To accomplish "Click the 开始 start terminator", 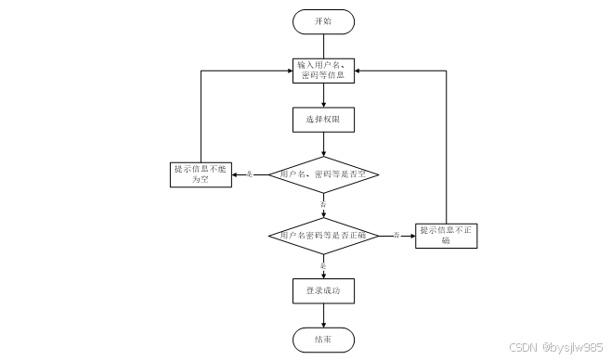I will (322, 21).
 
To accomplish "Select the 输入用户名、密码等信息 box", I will (322, 71).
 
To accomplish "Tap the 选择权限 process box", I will (322, 119).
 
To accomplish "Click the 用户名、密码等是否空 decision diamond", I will (322, 174).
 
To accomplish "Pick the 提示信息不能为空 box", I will (201, 174).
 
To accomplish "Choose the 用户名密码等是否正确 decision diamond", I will (322, 237).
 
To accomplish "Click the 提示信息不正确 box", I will (447, 236).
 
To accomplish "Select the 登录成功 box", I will (322, 291).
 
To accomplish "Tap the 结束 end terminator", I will (322, 340).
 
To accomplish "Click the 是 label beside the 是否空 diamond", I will (249, 174).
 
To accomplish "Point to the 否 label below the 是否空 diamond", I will (322, 202).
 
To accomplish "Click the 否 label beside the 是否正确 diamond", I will (396, 235).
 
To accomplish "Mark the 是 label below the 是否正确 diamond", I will (322, 266).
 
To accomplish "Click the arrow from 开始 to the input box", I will (322, 45).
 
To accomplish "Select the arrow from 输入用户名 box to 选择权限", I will (322, 95).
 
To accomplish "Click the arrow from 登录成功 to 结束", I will (322, 315).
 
